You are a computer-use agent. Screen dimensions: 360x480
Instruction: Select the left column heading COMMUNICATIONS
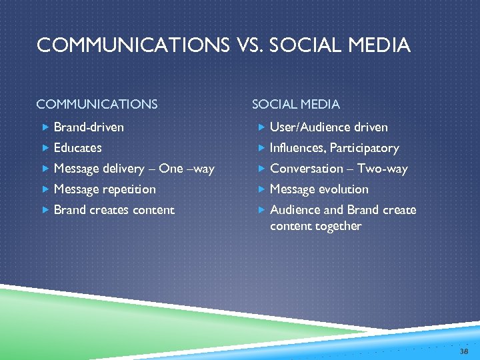tap(97, 104)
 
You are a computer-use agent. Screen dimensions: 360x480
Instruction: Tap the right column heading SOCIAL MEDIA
tap(295, 104)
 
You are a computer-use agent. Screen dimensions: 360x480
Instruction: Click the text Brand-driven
tap(89, 127)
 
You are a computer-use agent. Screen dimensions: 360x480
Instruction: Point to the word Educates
tap(77, 147)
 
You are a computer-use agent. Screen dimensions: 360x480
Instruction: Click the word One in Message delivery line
tap(171, 168)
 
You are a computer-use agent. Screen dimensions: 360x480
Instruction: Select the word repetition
tap(131, 189)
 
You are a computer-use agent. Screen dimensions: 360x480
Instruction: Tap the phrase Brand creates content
tap(113, 209)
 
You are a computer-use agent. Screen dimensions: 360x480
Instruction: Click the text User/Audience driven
tap(329, 127)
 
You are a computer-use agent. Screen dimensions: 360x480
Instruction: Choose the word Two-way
tap(382, 168)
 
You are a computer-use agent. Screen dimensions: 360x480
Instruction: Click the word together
tap(336, 225)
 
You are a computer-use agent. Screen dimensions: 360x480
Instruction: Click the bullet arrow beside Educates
tap(45, 147)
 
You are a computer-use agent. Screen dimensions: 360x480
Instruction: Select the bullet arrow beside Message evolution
tap(261, 189)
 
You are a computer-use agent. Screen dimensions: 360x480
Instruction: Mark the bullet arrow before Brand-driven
tap(45, 127)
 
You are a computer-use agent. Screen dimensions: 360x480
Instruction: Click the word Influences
tap(297, 147)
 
